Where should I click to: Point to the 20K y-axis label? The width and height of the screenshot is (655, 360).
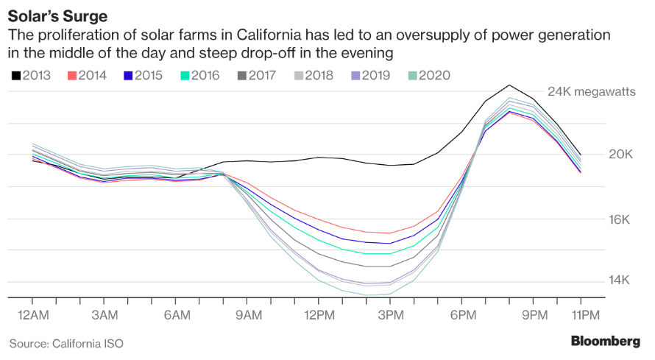pyautogui.click(x=620, y=155)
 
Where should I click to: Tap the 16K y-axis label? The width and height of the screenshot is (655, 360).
pyautogui.click(x=620, y=219)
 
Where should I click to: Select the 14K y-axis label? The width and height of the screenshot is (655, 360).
pyautogui.click(x=620, y=280)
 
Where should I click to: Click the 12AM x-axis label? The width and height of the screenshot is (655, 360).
pyautogui.click(x=33, y=314)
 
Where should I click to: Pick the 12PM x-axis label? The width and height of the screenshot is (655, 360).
pyautogui.click(x=319, y=314)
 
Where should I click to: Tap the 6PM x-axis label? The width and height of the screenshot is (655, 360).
pyautogui.click(x=461, y=314)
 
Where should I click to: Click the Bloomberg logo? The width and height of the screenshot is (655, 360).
pyautogui.click(x=605, y=341)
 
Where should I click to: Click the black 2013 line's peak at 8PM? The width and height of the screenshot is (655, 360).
pyautogui.click(x=509, y=85)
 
